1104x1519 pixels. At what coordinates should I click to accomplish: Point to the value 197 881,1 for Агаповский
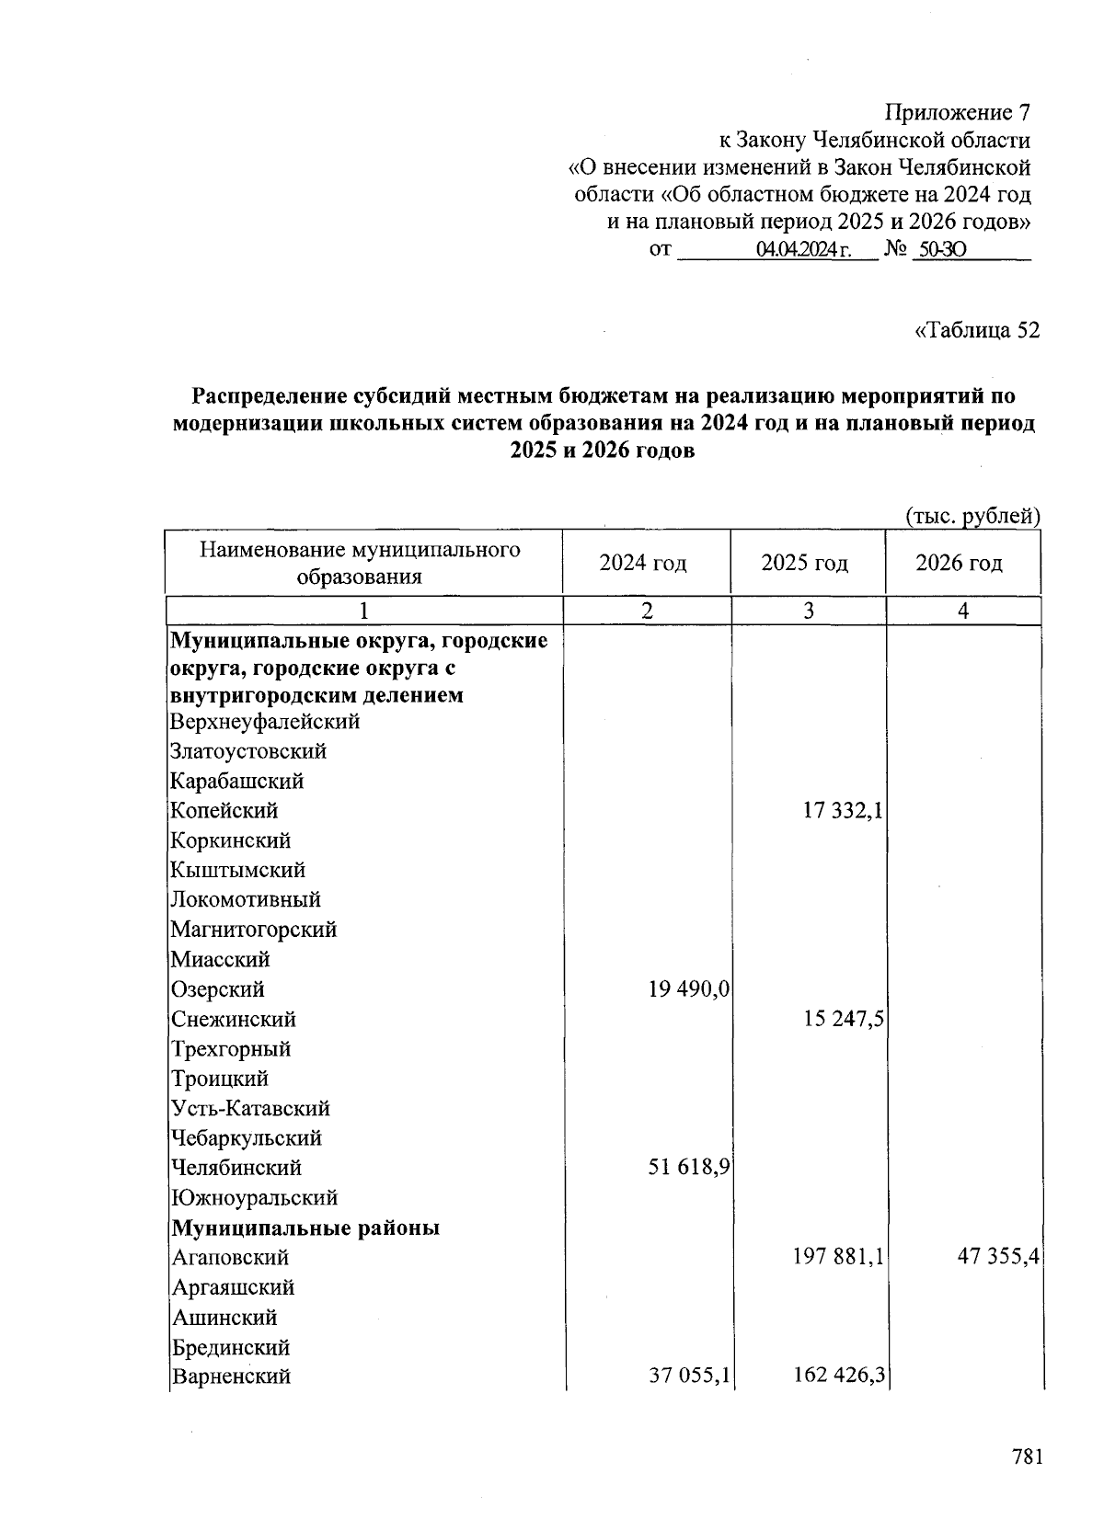(838, 1257)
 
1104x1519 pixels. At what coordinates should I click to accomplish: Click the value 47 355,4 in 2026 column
(998, 1257)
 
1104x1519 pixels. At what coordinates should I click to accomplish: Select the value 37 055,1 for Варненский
(689, 1376)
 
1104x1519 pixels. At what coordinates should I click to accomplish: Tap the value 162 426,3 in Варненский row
(838, 1376)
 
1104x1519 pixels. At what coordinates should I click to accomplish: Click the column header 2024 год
(643, 563)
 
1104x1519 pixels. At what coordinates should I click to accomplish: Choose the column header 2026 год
(959, 563)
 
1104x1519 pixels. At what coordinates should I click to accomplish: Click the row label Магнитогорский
(254, 930)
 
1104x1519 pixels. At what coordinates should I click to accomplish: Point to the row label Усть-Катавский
(250, 1108)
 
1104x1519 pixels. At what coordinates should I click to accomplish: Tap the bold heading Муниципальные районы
(305, 1228)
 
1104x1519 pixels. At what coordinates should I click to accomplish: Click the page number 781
(1027, 1457)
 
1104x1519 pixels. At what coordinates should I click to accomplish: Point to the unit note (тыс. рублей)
(973, 517)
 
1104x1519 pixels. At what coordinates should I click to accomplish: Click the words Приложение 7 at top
(957, 113)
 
